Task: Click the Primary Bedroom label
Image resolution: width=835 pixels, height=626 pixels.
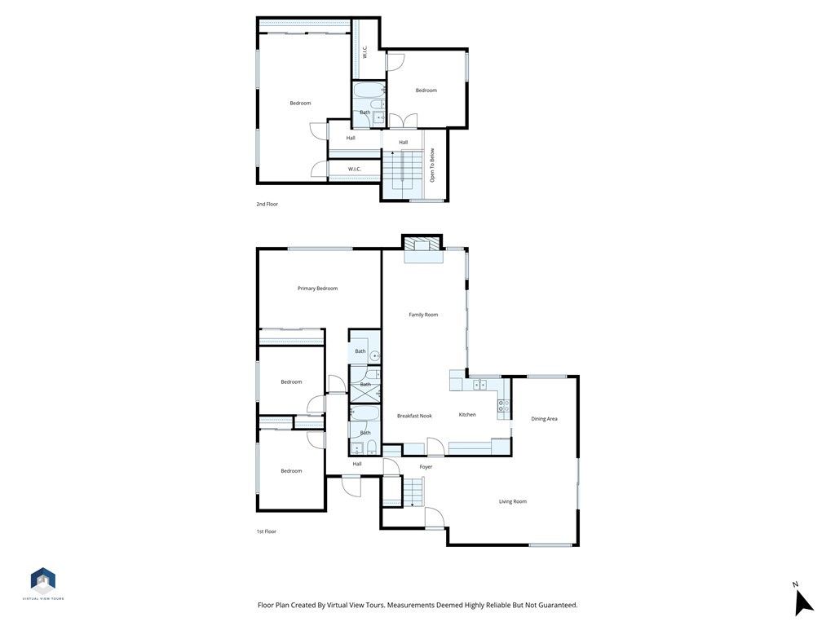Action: coord(317,289)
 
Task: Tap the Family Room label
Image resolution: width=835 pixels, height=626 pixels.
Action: coord(423,315)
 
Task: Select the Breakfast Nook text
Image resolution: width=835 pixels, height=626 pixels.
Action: coord(414,416)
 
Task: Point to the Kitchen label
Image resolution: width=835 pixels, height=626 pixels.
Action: coord(467,415)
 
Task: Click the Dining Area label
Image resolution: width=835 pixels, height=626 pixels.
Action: coord(544,419)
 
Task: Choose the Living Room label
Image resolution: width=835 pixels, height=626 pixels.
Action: coord(513,501)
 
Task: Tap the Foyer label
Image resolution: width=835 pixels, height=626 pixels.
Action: coord(426,467)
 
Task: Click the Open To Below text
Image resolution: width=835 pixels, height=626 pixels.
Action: coord(433,165)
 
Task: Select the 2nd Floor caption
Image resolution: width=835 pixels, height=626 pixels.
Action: coord(267,204)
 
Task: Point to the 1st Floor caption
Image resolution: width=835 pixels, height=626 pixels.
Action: coord(266,531)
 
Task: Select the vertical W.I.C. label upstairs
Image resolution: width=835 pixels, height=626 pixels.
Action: coord(364,53)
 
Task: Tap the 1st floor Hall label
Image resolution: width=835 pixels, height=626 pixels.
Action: coord(357,464)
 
